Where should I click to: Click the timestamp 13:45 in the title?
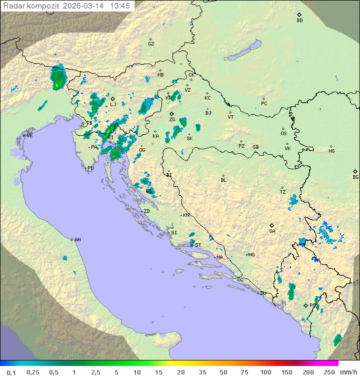pos(121,6)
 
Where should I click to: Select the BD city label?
pos(299,20)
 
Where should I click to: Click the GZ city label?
pos(151,44)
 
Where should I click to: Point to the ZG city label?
pos(172,120)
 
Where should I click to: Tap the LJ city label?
pos(113,104)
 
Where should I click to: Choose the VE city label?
pos(29,136)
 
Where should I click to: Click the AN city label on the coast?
pos(77,240)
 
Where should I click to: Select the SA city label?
pos(272,231)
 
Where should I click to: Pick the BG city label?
pos(355,177)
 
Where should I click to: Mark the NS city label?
pos(331,151)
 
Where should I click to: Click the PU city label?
pos(90,168)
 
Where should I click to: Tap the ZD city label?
pos(146,211)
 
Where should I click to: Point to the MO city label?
pos(251,254)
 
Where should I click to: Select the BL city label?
pos(223,180)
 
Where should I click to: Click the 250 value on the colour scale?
pos(329,372)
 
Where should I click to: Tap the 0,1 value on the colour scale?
pos(11,372)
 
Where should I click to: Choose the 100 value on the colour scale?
pos(265,372)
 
